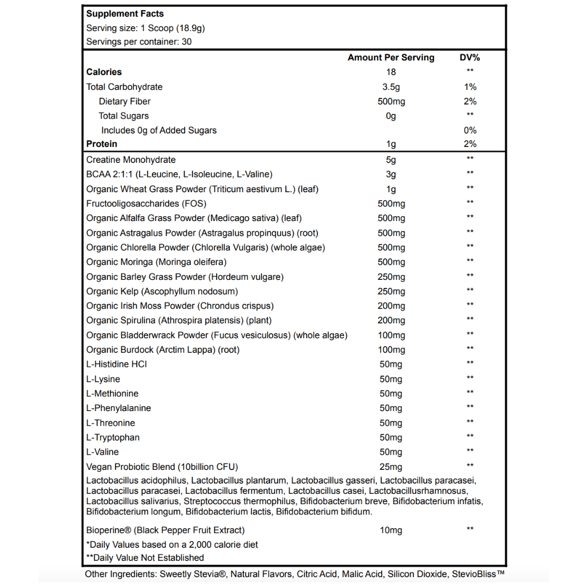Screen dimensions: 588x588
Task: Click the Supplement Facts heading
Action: [125, 14]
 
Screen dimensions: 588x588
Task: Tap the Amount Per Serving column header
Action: [391, 57]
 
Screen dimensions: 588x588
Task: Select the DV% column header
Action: [470, 57]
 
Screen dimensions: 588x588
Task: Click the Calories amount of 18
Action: [391, 72]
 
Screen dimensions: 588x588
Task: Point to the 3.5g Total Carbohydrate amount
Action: [391, 87]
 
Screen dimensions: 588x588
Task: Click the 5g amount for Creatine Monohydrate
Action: [391, 160]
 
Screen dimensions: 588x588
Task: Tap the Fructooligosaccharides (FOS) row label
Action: [140, 204]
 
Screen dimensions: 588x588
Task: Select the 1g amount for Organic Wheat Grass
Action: [391, 189]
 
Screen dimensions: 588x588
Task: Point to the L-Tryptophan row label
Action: [113, 437]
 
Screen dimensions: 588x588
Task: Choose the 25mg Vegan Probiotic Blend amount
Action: [391, 467]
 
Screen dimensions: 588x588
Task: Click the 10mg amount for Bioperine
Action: [391, 530]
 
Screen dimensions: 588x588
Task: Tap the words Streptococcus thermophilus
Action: [232, 501]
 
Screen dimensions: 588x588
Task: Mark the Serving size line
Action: [145, 28]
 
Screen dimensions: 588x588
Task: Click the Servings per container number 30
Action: [186, 41]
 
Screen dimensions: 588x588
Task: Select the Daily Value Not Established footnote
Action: [145, 558]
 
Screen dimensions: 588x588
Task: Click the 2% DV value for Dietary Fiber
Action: [470, 101]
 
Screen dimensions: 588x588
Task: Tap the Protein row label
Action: [102, 144]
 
